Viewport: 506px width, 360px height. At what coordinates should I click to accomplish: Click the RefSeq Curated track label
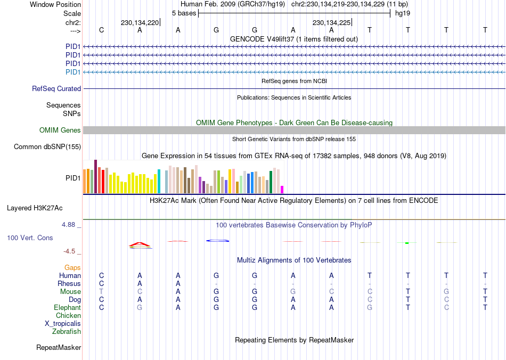tap(56, 89)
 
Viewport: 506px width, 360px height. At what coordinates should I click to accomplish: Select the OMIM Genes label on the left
tap(60, 130)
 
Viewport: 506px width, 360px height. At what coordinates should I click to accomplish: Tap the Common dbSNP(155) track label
tap(47, 147)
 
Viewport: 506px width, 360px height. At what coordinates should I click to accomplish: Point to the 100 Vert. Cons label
tap(30, 238)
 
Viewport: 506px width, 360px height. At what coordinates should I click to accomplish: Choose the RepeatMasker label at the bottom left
tap(59, 348)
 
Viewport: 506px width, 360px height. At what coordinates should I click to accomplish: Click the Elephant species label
tap(67, 308)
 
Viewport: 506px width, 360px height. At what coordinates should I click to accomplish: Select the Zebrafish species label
tap(67, 332)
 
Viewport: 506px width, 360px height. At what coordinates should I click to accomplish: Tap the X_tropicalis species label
tap(63, 324)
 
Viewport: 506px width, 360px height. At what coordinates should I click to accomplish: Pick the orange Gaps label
tap(72, 267)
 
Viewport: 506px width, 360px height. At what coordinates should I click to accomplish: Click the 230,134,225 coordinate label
tap(331, 23)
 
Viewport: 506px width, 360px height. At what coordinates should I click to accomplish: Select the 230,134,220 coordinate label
tap(140, 23)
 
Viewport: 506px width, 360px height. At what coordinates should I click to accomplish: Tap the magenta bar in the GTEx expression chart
tap(282, 189)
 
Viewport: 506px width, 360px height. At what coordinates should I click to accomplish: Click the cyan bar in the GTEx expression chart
tap(159, 182)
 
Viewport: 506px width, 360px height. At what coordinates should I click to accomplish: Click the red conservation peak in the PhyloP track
tap(140, 244)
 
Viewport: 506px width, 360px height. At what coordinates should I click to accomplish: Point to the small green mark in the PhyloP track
tap(407, 243)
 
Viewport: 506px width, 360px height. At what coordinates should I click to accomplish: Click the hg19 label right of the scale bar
tap(402, 13)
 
